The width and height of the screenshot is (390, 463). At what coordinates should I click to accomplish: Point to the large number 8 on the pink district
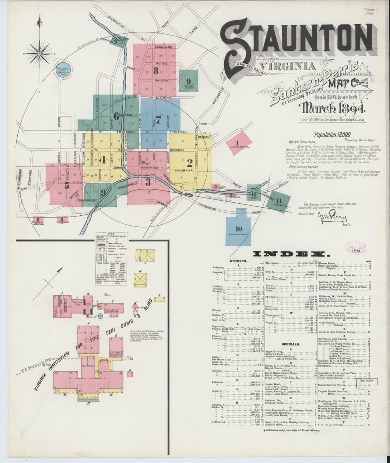(155, 71)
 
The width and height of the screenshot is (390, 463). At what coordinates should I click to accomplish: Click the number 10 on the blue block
(238, 229)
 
